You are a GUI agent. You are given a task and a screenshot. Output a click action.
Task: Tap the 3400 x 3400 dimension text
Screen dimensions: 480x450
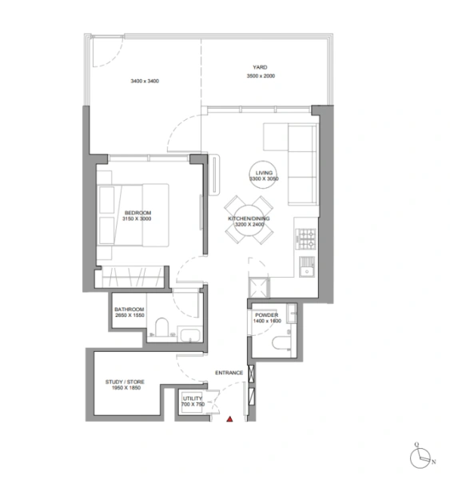[x=145, y=81]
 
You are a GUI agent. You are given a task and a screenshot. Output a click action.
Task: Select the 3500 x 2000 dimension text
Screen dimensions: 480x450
[x=261, y=76]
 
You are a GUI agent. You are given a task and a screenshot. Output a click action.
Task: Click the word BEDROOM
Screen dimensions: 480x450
[x=137, y=212]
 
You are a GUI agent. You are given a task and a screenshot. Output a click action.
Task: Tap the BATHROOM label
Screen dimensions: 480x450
[x=129, y=310]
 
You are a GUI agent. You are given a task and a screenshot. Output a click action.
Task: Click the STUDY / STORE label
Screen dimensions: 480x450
[x=124, y=383]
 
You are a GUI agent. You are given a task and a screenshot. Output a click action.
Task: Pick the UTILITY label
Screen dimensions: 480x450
[x=193, y=398]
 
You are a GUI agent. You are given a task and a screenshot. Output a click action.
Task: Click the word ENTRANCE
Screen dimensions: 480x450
[x=229, y=374]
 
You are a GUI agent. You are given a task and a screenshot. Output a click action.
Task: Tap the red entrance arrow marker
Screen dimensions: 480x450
[x=229, y=418]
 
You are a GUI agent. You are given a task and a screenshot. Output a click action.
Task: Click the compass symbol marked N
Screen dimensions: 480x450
[x=420, y=457]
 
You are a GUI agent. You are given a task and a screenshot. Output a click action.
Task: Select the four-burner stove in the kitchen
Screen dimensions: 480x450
[x=307, y=238]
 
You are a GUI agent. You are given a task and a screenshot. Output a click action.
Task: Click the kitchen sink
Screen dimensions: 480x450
[x=305, y=266]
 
